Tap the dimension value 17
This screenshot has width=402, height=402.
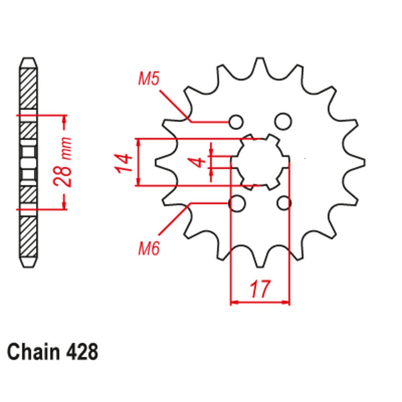(260, 289)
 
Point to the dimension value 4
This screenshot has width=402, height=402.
(197, 162)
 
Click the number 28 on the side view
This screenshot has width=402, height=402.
(64, 176)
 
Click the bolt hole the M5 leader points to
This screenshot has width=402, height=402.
(236, 121)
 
